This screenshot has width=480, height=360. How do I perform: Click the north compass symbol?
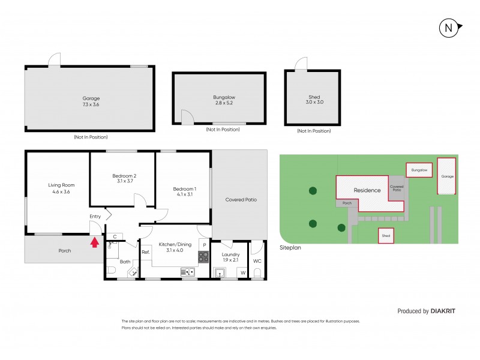click(448, 27)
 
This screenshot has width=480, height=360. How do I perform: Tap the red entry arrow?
click(93, 242)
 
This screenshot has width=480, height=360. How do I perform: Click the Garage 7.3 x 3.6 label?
click(91, 101)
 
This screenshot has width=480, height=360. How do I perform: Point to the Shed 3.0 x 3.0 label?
click(314, 99)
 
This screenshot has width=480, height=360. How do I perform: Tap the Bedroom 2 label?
click(124, 178)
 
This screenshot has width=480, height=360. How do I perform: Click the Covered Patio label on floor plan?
click(241, 199)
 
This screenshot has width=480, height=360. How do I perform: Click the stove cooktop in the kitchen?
click(204, 257)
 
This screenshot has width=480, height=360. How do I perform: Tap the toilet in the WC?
click(257, 274)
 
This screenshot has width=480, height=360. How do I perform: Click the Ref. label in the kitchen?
click(145, 252)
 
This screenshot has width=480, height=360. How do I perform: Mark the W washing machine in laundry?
click(243, 273)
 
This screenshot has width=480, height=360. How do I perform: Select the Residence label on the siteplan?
click(367, 190)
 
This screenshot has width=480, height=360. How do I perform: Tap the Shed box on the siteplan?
click(386, 236)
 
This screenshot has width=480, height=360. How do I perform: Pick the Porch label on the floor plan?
click(64, 251)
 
